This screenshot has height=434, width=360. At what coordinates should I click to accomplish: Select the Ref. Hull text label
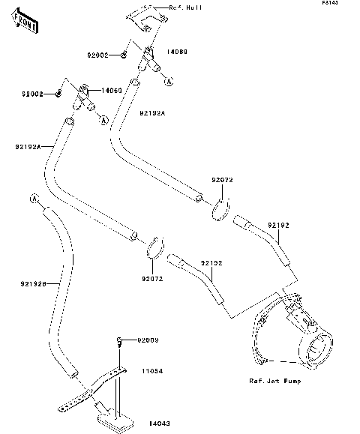(x=187, y=7)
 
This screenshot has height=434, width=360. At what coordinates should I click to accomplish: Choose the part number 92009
(x=148, y=341)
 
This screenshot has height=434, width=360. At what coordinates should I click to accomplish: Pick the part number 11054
(x=153, y=370)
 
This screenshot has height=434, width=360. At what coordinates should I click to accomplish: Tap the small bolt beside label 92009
(x=119, y=343)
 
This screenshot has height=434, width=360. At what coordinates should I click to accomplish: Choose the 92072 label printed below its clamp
(x=153, y=279)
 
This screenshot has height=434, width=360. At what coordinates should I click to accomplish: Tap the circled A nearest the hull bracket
(x=169, y=80)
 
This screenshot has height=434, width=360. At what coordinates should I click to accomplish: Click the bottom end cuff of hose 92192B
(x=70, y=370)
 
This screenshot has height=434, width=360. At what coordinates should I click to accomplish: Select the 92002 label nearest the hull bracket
(x=97, y=55)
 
